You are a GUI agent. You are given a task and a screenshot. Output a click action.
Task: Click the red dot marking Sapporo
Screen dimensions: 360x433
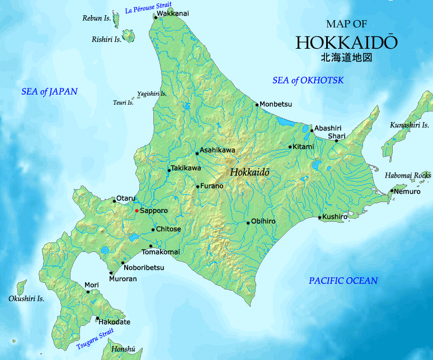[x=137, y=211]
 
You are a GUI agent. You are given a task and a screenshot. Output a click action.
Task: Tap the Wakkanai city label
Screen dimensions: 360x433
[x=173, y=13]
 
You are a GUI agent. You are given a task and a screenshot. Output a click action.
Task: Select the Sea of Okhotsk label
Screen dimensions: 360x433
[x=308, y=81]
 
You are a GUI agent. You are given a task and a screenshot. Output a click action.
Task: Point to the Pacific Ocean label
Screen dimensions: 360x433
[x=343, y=280]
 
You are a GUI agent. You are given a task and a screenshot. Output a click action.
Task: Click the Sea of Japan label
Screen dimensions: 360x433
[x=49, y=91]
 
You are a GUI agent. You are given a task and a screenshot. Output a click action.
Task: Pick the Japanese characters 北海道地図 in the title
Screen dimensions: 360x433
[x=346, y=57]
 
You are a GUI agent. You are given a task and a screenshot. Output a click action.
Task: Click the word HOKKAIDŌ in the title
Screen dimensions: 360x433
[x=347, y=43]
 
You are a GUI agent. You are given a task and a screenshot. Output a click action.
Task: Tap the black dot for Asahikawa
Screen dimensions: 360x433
[x=197, y=153]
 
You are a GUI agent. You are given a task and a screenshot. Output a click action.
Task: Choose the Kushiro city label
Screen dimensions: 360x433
[x=336, y=216]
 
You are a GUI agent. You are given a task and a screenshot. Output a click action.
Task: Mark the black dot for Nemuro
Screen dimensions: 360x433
[x=392, y=191]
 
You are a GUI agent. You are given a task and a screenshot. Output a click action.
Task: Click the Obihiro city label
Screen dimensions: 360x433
[x=263, y=222]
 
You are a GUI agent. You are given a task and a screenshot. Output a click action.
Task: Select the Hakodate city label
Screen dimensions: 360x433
[x=115, y=322]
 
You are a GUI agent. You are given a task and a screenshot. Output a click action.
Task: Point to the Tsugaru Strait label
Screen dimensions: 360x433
[x=95, y=341]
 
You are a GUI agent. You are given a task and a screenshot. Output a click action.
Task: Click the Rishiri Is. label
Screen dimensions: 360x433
[x=106, y=39]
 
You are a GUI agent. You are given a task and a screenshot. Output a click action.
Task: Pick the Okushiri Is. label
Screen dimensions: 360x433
[x=26, y=298]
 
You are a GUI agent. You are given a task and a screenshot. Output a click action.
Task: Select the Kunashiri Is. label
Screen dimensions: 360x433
[x=410, y=125]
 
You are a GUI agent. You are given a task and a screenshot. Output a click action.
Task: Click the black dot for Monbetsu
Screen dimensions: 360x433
[x=257, y=104]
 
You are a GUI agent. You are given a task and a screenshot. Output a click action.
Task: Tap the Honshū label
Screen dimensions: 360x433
[x=123, y=349]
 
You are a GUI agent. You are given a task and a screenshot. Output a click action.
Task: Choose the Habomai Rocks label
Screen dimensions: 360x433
[x=408, y=175]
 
